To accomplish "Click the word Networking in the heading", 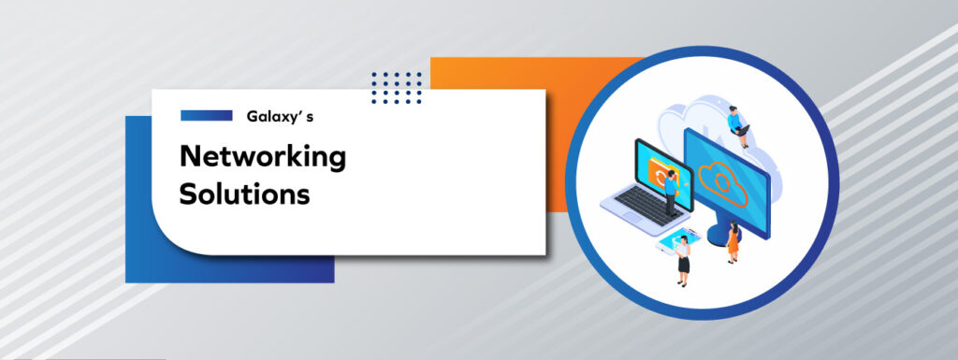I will pos(263,158).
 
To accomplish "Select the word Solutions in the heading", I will pos(244,195).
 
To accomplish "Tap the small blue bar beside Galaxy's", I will pos(206,116).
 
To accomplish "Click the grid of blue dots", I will pos(396,87).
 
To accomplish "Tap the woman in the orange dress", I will pos(733,242).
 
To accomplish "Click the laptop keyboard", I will pos(646,201).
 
